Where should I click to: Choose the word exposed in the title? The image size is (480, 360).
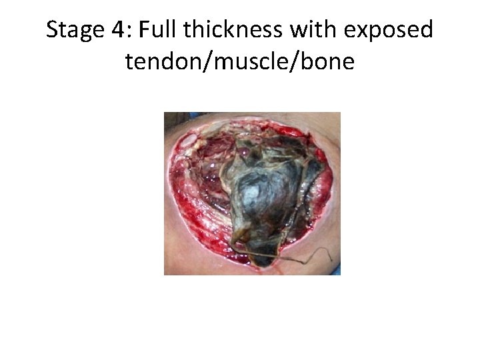coord(387,31)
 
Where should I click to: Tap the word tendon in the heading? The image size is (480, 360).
coord(157,62)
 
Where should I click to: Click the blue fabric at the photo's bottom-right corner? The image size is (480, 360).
coord(337,271)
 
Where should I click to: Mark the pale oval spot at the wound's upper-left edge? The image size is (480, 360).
coord(189,140)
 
